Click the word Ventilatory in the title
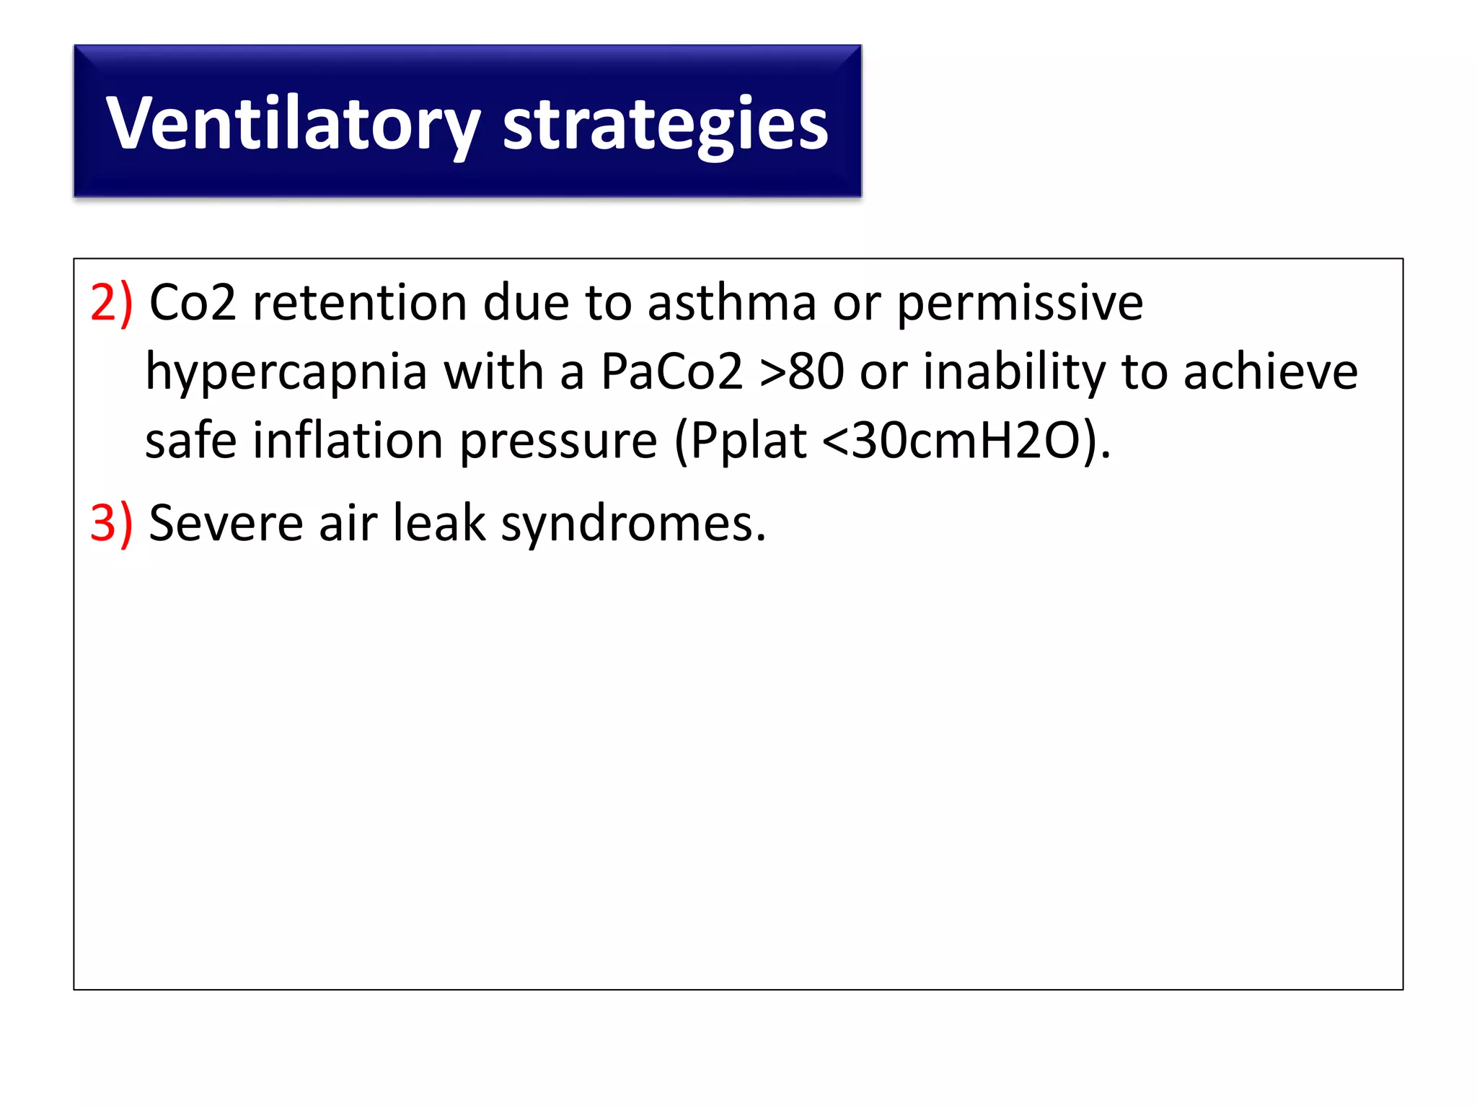click(x=292, y=124)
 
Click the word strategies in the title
click(x=665, y=124)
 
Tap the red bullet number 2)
click(x=111, y=302)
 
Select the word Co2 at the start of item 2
click(x=192, y=302)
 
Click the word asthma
click(x=731, y=302)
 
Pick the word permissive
click(x=1019, y=302)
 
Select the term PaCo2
click(x=671, y=372)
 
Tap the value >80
click(x=801, y=372)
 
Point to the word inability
click(x=1014, y=372)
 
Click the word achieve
click(x=1270, y=372)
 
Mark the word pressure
click(x=558, y=441)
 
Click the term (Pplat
click(x=740, y=441)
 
